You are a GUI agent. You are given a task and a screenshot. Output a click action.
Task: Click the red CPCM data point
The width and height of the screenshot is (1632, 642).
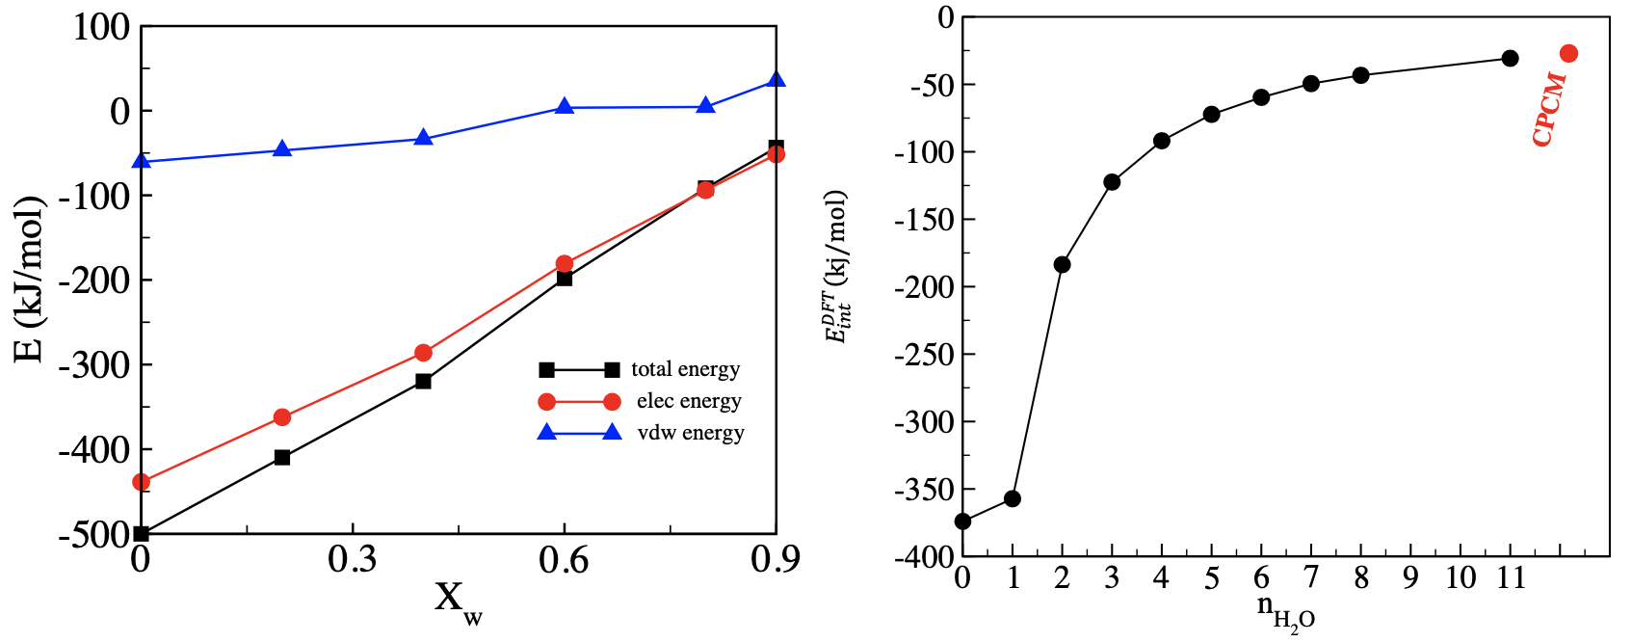pos(1568,54)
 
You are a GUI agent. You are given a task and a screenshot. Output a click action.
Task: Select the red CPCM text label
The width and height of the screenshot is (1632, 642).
pos(1548,109)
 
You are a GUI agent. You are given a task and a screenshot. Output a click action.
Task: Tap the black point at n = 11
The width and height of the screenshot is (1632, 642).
pos(1510,58)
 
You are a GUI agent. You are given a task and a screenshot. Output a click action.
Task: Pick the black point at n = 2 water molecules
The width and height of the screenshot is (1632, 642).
pos(1062,265)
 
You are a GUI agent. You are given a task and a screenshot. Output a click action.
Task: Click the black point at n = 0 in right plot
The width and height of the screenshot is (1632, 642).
pos(962,522)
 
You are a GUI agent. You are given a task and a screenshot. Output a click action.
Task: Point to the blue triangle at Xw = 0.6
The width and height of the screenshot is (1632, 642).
pos(565,107)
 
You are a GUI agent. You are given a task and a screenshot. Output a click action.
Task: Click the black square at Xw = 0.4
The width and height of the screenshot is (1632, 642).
pos(423,381)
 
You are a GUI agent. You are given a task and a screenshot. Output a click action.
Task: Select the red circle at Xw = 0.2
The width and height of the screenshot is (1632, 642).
pos(282,417)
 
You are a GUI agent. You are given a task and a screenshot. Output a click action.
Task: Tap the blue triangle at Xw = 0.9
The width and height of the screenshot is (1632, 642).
pos(777,80)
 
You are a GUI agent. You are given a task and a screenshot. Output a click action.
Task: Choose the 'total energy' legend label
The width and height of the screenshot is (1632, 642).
pos(685,369)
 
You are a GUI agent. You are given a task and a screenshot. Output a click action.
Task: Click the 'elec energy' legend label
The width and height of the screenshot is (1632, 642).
pos(689,401)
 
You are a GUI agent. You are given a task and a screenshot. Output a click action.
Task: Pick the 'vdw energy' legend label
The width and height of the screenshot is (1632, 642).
pos(691,433)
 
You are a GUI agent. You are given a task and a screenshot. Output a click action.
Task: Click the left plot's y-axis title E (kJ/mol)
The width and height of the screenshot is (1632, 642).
pos(30,280)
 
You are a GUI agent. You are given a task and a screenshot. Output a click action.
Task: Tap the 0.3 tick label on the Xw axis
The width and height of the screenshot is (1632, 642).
pos(352,560)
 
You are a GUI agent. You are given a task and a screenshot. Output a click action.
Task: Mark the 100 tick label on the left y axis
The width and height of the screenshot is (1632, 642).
pos(101,27)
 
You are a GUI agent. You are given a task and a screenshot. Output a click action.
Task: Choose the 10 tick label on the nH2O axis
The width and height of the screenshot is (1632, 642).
pos(1461,577)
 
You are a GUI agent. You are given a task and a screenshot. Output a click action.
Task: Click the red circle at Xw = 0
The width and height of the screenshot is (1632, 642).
pos(142,482)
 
